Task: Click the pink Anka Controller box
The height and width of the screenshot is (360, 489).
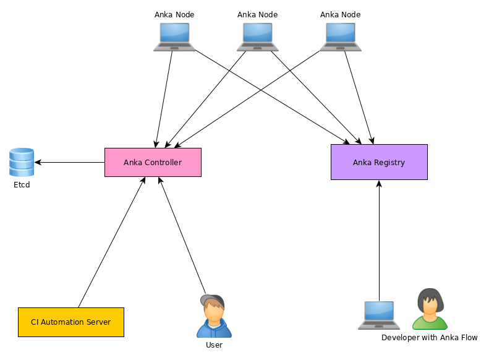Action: (x=153, y=163)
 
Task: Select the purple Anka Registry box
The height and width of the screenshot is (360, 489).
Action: (x=379, y=162)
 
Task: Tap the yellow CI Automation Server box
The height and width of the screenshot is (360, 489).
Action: (x=71, y=322)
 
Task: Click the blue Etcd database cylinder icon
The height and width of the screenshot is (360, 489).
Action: (x=22, y=162)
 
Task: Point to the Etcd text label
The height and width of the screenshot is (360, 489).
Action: (x=22, y=185)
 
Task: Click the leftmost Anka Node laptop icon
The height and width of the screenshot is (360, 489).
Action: (x=174, y=37)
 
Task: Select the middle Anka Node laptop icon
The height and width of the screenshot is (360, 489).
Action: (x=257, y=37)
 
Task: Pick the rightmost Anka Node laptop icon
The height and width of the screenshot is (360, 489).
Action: (x=341, y=37)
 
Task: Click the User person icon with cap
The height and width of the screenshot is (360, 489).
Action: (x=214, y=317)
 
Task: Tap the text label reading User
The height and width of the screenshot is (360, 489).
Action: (x=214, y=345)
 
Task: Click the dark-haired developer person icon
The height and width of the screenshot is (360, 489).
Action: (x=430, y=309)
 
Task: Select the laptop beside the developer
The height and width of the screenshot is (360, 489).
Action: (x=379, y=315)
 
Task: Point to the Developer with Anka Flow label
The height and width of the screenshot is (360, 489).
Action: (x=429, y=338)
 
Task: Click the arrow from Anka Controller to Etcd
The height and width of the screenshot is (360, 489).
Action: (x=69, y=163)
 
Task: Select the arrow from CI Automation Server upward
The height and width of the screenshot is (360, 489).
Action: (x=111, y=242)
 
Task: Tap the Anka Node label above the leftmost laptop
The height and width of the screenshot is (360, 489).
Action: (x=174, y=14)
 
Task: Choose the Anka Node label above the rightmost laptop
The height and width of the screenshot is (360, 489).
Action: (x=341, y=14)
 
